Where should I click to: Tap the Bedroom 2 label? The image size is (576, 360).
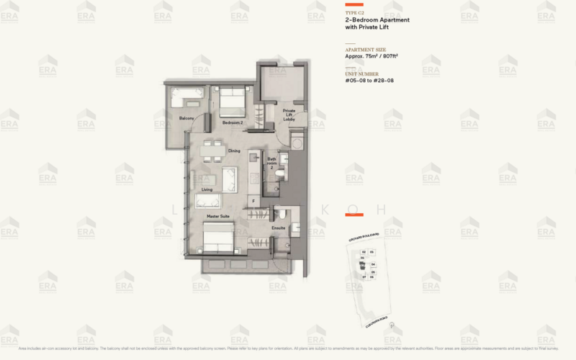point(232,123)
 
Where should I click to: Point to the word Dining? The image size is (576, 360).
point(234,150)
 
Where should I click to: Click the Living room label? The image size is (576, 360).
point(207,189)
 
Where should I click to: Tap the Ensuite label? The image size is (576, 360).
point(278,228)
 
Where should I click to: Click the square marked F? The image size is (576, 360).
point(253,199)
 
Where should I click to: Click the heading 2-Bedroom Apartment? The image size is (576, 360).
point(377,20)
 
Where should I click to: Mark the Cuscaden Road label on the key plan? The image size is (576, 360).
point(377,317)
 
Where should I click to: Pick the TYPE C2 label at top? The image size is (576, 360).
point(355,13)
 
